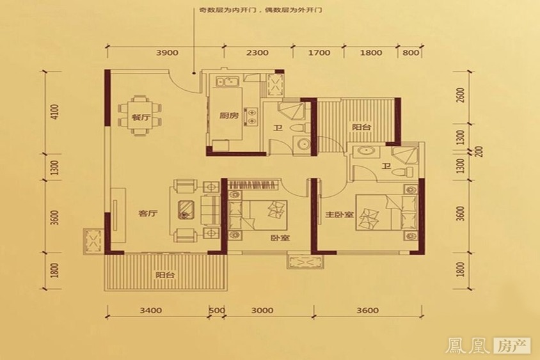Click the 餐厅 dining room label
point(123,118)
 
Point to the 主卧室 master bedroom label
point(338,215)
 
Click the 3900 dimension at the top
point(166,53)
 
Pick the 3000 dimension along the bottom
point(263,311)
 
